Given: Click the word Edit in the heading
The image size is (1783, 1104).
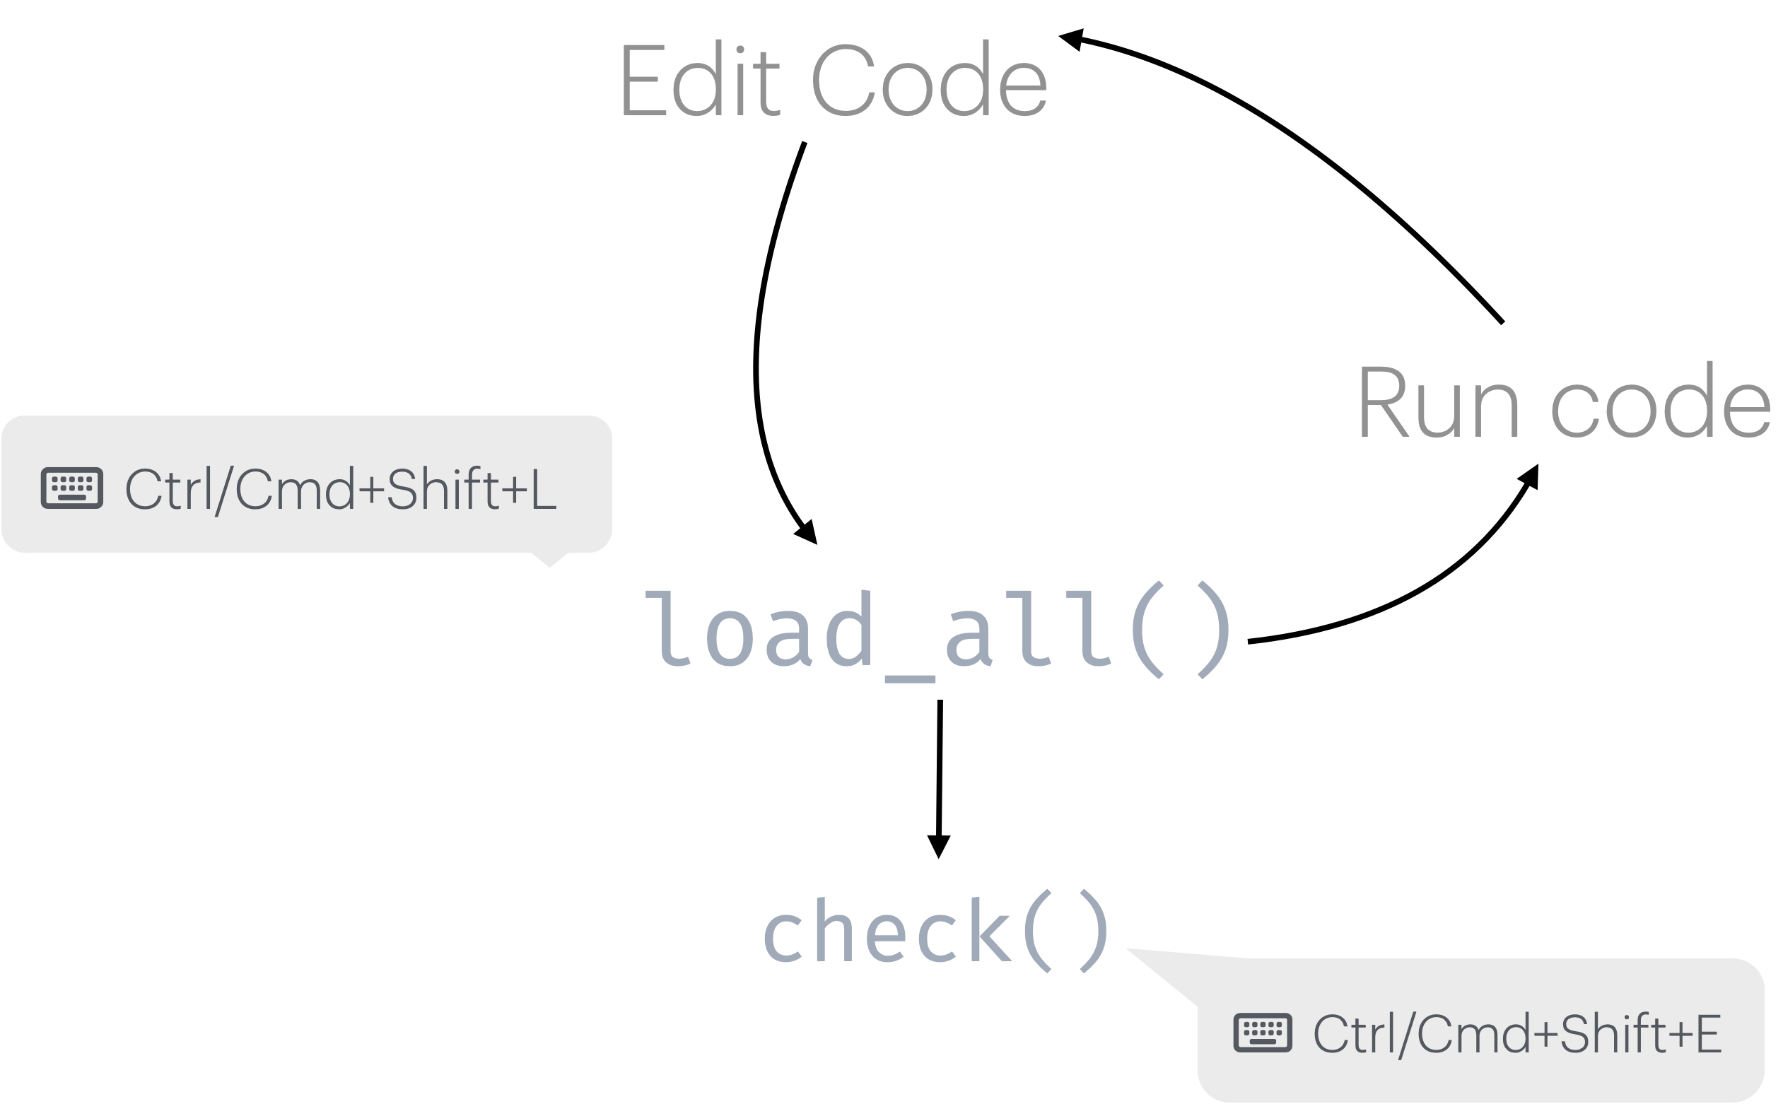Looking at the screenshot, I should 698,81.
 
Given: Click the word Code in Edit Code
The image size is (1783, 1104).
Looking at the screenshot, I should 929,81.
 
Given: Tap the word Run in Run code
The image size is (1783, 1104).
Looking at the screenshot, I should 1439,403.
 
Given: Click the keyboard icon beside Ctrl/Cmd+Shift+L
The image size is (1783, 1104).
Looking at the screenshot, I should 71,488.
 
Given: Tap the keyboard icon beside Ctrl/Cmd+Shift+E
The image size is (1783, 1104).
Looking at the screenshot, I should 1263,1033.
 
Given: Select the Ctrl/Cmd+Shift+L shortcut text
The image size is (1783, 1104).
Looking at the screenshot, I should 340,489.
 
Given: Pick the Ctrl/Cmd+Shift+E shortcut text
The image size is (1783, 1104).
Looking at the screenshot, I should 1516,1034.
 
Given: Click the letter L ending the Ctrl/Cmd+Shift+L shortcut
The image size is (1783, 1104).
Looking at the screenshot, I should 542,489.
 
